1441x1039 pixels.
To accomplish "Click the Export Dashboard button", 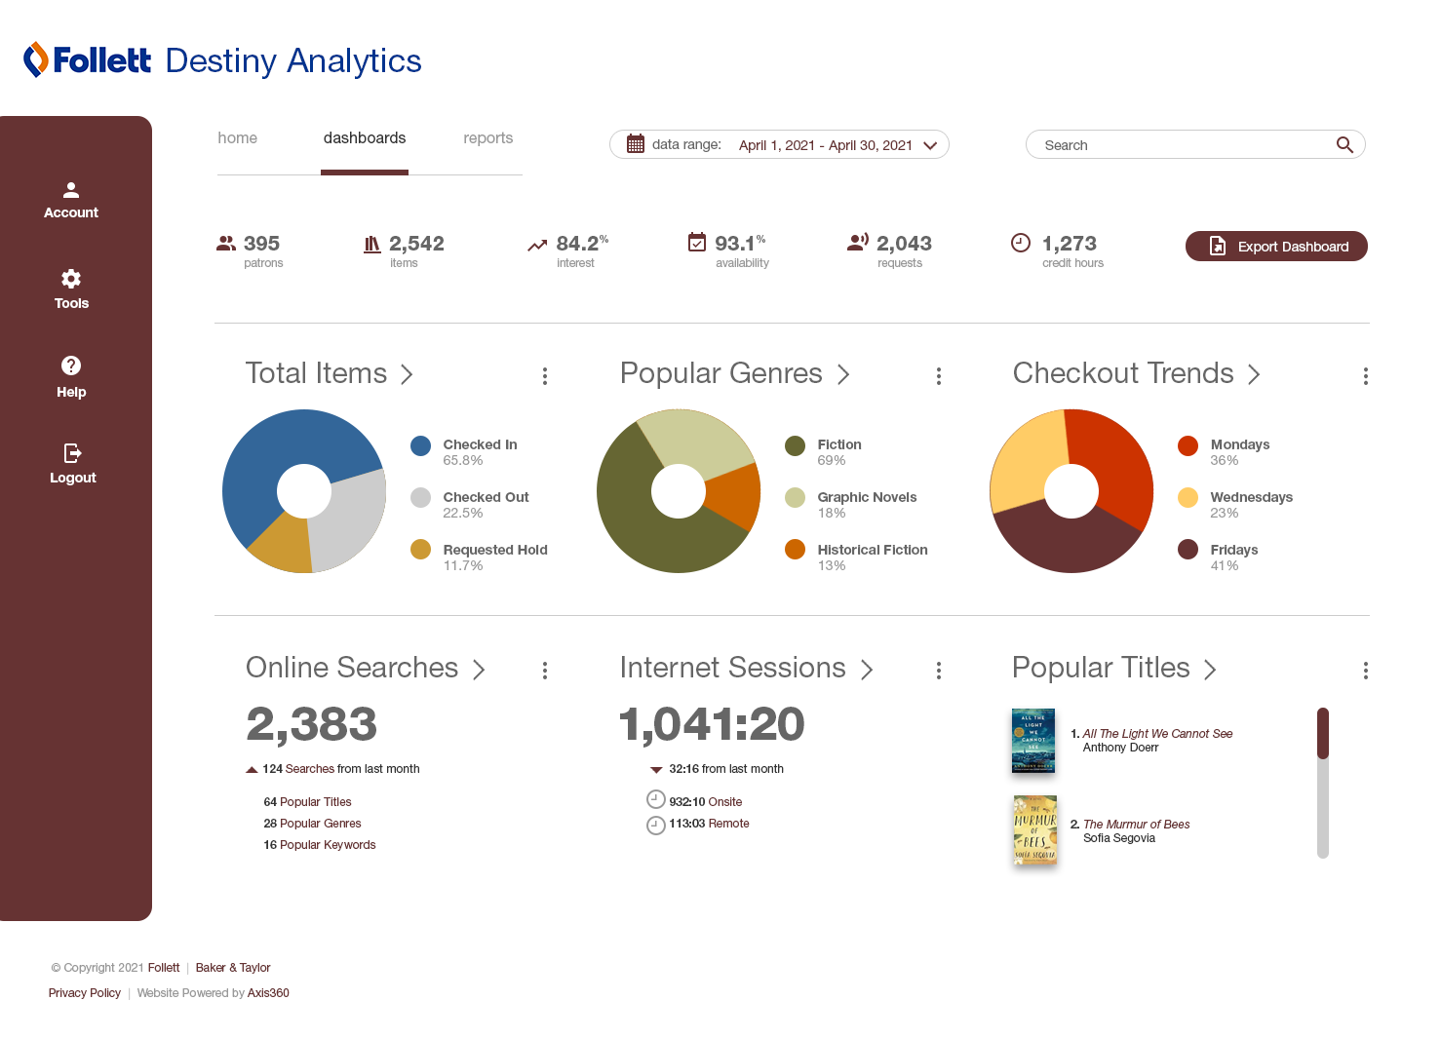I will [x=1276, y=247].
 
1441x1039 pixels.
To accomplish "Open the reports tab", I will [x=487, y=138].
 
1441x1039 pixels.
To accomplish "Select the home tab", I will [x=237, y=138].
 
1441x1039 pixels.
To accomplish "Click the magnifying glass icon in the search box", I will [x=1344, y=145].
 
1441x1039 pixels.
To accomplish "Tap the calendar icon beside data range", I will [x=636, y=144].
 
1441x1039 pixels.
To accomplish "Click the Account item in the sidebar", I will [x=71, y=200].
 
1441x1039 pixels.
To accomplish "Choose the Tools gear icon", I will [x=71, y=279].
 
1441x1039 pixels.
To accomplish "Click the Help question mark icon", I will [x=71, y=366].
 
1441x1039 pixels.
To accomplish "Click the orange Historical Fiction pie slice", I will [x=734, y=494].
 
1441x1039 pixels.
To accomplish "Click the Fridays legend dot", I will [x=1188, y=550].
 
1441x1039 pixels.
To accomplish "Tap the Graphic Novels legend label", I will [x=867, y=497].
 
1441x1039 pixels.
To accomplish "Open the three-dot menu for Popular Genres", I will [x=939, y=376].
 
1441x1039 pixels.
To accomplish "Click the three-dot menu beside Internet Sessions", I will [x=939, y=671].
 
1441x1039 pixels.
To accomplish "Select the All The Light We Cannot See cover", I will [x=1033, y=741].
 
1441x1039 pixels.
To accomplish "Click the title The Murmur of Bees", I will [x=1137, y=825].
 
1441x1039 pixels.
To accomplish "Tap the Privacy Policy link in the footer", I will [x=85, y=993].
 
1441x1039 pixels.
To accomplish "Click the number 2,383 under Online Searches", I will [x=311, y=724].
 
